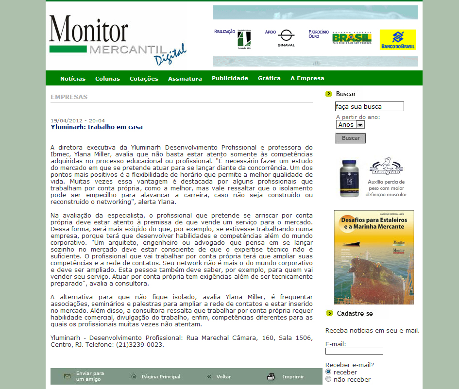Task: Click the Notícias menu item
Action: [x=73, y=79]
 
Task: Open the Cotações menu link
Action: [x=144, y=79]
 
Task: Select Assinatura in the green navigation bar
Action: [x=185, y=79]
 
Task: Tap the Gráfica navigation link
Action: [x=269, y=78]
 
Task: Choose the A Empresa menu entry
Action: [x=307, y=78]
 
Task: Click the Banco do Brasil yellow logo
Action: [x=398, y=40]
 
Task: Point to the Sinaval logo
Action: [x=286, y=38]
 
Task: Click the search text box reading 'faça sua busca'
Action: [x=369, y=106]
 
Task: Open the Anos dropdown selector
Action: [x=350, y=124]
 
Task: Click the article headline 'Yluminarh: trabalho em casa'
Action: [x=97, y=127]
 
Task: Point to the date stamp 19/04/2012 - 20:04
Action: [x=78, y=121]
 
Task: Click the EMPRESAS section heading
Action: [x=69, y=97]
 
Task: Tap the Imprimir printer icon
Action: [x=272, y=377]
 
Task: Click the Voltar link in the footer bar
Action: [x=223, y=377]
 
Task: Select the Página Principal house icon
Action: [x=134, y=376]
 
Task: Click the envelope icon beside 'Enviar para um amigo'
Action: [x=68, y=376]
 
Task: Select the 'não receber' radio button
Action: [x=328, y=379]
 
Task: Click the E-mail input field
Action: [x=354, y=351]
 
